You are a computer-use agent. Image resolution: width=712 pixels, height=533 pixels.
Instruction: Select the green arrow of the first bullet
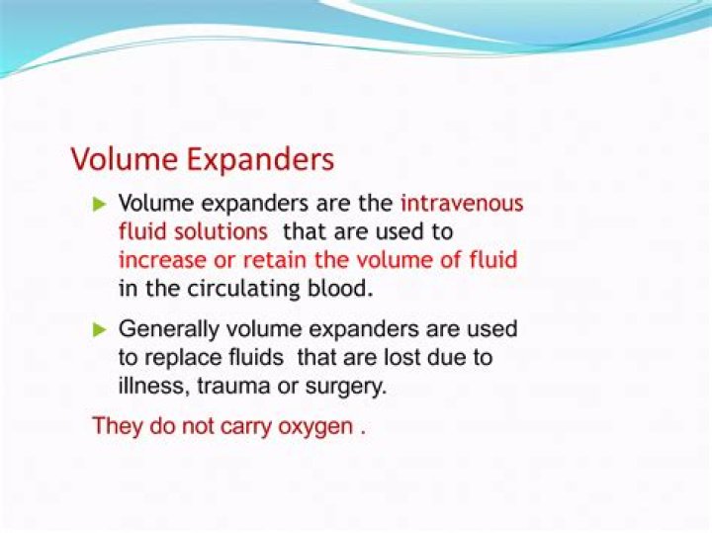pos(98,204)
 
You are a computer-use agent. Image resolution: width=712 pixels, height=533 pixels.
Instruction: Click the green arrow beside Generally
pos(98,327)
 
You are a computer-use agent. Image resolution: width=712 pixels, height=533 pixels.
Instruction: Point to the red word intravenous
pos(462,204)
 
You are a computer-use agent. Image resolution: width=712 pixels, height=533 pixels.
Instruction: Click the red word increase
pos(156,261)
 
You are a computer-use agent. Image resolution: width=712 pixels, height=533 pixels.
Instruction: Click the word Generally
pos(164,327)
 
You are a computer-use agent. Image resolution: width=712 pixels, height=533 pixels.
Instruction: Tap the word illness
pos(149,386)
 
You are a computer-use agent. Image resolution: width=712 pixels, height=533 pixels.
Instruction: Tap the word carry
pos(222,427)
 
